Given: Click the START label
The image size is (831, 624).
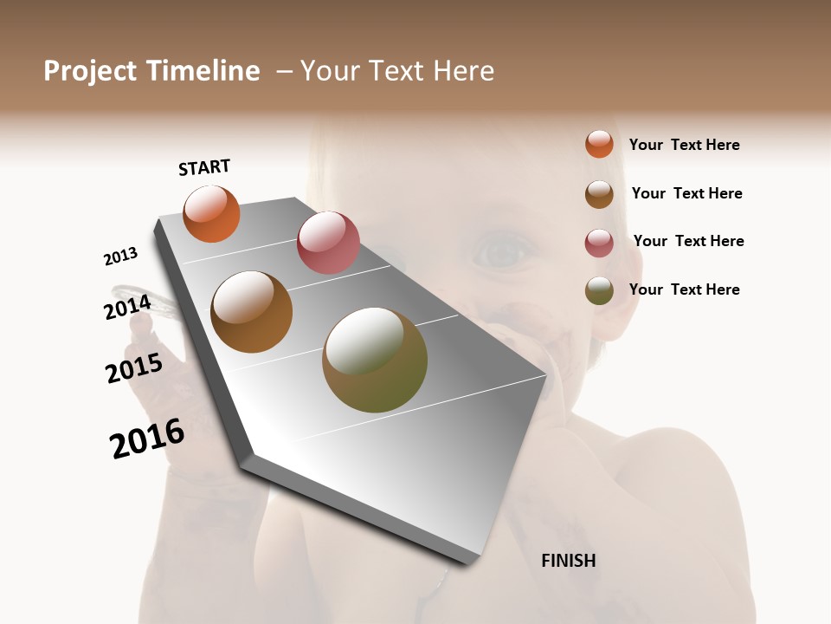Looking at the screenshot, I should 204,167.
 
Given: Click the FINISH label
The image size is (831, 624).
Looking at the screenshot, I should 568,561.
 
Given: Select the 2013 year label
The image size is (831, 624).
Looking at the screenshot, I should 120,257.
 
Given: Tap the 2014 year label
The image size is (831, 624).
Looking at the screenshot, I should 127,308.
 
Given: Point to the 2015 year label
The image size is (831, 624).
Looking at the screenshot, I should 134,368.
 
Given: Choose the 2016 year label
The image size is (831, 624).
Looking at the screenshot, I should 147,438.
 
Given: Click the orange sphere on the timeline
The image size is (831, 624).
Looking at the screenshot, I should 211,213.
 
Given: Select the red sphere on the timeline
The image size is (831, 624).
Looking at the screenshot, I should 328,242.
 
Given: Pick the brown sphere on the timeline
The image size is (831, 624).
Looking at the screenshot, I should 251,311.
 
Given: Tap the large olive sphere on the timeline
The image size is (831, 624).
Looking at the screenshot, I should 375,360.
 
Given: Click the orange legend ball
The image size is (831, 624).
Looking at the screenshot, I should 599,144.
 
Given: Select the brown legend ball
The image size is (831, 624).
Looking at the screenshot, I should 599,193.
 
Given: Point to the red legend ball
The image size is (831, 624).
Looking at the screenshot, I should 599,243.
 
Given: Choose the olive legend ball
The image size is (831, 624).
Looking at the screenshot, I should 599,290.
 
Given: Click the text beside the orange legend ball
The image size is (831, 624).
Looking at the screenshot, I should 684,145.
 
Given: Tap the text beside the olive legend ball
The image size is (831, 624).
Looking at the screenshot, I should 684,289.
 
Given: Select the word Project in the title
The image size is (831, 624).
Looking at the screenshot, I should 88,71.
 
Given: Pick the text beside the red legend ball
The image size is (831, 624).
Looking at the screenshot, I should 688,241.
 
